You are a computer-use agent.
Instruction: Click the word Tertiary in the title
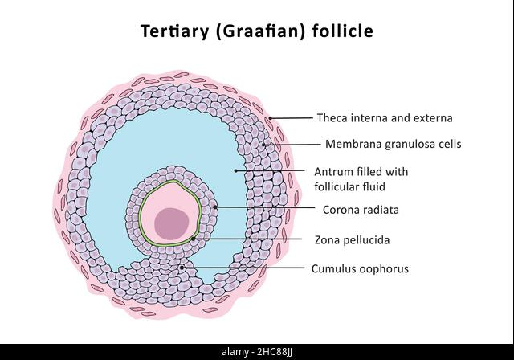pyautogui.click(x=175, y=31)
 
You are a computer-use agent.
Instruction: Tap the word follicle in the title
pyautogui.click(x=343, y=31)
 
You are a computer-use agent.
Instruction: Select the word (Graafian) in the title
pyautogui.click(x=260, y=31)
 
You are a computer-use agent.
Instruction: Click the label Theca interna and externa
pyautogui.click(x=385, y=117)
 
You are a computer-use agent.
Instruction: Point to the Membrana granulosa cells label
pyautogui.click(x=393, y=144)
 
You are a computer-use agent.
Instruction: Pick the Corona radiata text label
pyautogui.click(x=361, y=210)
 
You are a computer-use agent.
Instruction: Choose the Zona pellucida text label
pyautogui.click(x=352, y=240)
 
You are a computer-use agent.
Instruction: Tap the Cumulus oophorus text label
pyautogui.click(x=360, y=269)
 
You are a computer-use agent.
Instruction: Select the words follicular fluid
pyautogui.click(x=350, y=187)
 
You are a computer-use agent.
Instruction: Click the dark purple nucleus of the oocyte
pyautogui.click(x=172, y=223)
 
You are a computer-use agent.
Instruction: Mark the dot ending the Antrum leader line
pyautogui.click(x=235, y=171)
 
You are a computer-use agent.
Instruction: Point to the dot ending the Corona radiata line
pyautogui.click(x=215, y=207)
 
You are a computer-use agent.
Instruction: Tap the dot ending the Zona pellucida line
pyautogui.click(x=194, y=239)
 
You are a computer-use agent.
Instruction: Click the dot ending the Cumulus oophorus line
pyautogui.click(x=182, y=268)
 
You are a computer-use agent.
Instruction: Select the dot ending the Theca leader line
pyautogui.click(x=271, y=118)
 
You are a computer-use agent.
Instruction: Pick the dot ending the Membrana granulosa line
pyautogui.click(x=263, y=145)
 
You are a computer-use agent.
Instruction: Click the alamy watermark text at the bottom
pyautogui.click(x=235, y=352)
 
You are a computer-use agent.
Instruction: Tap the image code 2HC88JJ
pyautogui.click(x=275, y=353)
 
